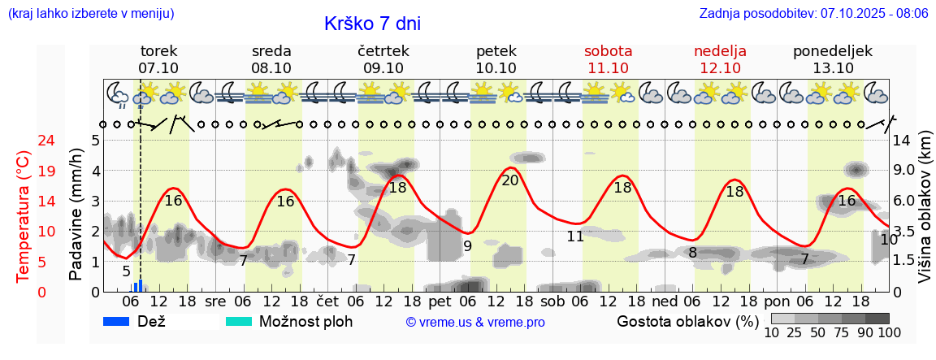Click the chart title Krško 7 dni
point(372,24)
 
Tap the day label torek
point(158,50)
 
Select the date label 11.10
point(608,68)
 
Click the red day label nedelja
point(720,50)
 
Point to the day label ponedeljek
point(833,50)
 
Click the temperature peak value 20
point(509,180)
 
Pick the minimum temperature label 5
point(126,271)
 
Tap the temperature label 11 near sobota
point(575,236)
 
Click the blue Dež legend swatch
point(116,321)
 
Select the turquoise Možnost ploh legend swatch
point(238,321)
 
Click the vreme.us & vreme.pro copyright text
point(475,322)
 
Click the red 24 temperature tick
point(24,141)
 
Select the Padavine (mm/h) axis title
point(76,215)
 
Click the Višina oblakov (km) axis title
point(925,208)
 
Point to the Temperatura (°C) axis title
point(24,216)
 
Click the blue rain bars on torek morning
point(138,286)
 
